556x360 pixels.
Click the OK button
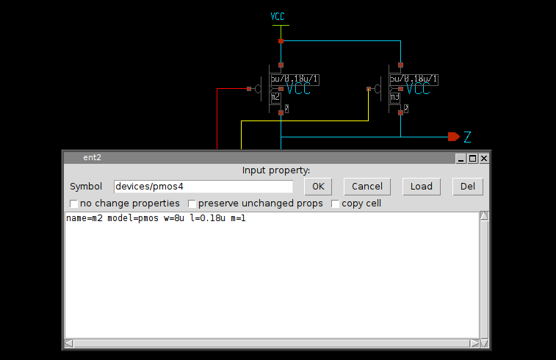[318, 187]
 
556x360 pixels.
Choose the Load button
[422, 187]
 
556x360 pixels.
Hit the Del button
[468, 187]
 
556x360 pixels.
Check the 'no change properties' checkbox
[73, 204]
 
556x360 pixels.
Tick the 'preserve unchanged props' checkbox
[192, 204]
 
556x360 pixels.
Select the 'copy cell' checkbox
[336, 204]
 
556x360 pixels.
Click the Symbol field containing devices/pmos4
[203, 187]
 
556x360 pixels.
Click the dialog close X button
[484, 158]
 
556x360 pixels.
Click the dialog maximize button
[472, 158]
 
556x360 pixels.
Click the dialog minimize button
[461, 158]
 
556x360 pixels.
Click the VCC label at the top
[278, 16]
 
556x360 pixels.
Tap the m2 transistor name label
[275, 97]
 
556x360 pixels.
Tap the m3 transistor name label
[394, 97]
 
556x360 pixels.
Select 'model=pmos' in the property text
[127, 219]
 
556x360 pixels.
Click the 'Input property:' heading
[276, 170]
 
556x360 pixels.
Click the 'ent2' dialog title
[91, 158]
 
